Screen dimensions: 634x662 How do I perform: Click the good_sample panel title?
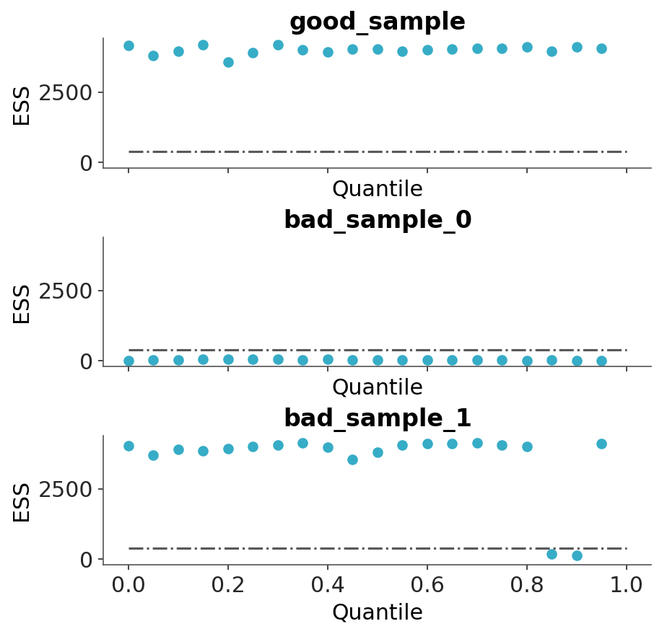[x=377, y=22]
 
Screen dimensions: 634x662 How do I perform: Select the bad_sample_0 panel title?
[x=377, y=220]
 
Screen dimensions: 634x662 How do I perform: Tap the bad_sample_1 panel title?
[x=377, y=418]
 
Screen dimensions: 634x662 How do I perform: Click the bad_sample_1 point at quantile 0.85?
[x=552, y=554]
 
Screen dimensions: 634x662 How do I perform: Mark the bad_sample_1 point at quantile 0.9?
[x=577, y=555]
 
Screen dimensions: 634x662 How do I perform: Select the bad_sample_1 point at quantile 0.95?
[x=601, y=444]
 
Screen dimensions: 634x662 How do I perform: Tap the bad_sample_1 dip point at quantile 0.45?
[x=352, y=459]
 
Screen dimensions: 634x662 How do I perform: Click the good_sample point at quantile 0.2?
[x=228, y=62]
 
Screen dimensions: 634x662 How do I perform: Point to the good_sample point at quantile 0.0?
[x=129, y=45]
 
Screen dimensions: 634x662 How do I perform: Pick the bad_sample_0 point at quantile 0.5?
[x=378, y=360]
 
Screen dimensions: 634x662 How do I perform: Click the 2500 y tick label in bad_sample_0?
[x=70, y=291]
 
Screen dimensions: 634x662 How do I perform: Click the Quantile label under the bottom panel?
[x=377, y=612]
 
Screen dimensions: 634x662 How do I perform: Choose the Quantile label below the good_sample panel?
[x=377, y=189]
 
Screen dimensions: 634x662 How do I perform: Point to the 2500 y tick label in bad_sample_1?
[x=70, y=489]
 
